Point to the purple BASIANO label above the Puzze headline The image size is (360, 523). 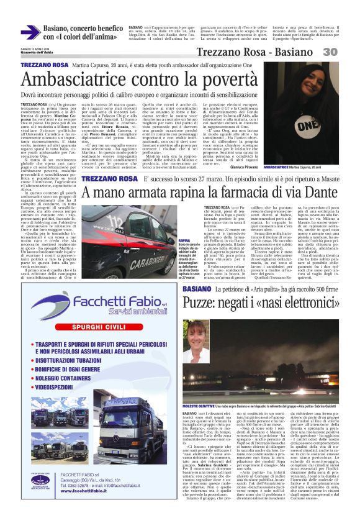tap(196, 290)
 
